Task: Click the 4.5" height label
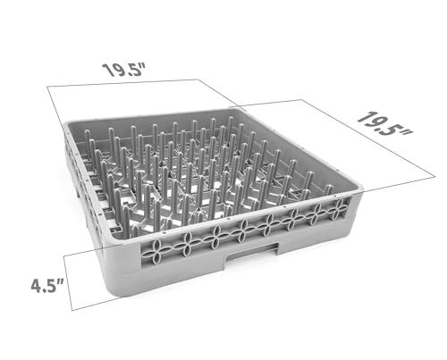click(47, 286)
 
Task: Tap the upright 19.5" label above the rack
click(123, 71)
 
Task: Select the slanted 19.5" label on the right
click(384, 125)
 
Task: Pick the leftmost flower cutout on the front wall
click(159, 247)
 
